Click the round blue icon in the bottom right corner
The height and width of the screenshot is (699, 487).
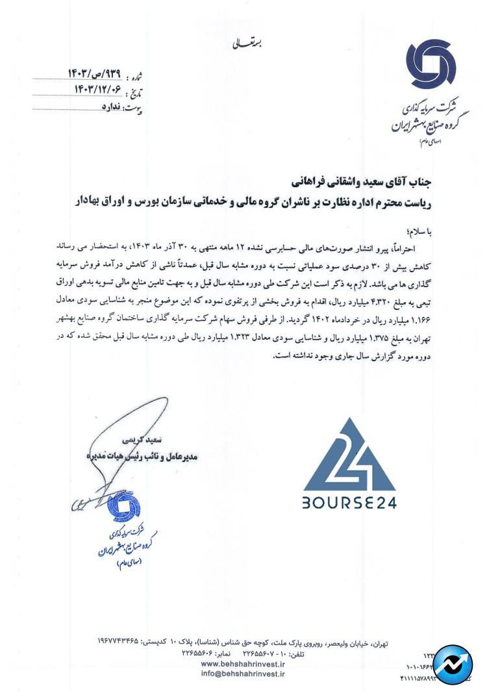pos(453,666)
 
